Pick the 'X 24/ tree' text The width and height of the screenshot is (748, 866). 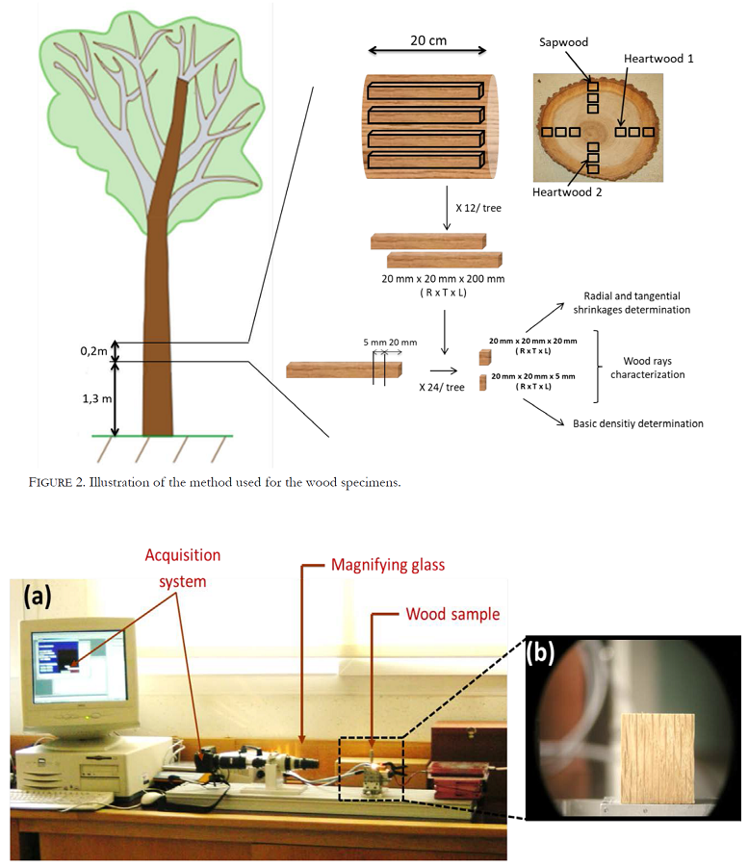click(441, 387)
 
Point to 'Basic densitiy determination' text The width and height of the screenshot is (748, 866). click(637, 423)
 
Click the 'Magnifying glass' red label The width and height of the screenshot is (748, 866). click(388, 565)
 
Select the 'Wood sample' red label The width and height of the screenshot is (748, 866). click(452, 614)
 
